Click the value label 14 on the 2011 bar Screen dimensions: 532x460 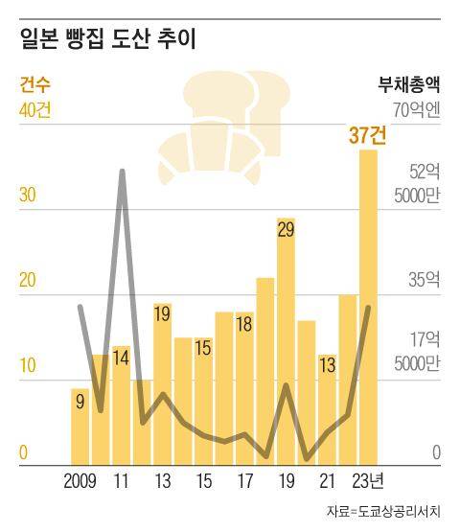pyautogui.click(x=121, y=359)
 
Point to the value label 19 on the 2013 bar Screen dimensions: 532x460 pyautogui.click(x=162, y=314)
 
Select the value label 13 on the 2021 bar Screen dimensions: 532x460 pyautogui.click(x=327, y=365)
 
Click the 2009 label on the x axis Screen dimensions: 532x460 pyautogui.click(x=81, y=480)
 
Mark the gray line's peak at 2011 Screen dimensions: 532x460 pyautogui.click(x=122, y=172)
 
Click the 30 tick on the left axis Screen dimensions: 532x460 pyautogui.click(x=28, y=195)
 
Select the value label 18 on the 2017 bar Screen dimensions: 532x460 pyautogui.click(x=244, y=324)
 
